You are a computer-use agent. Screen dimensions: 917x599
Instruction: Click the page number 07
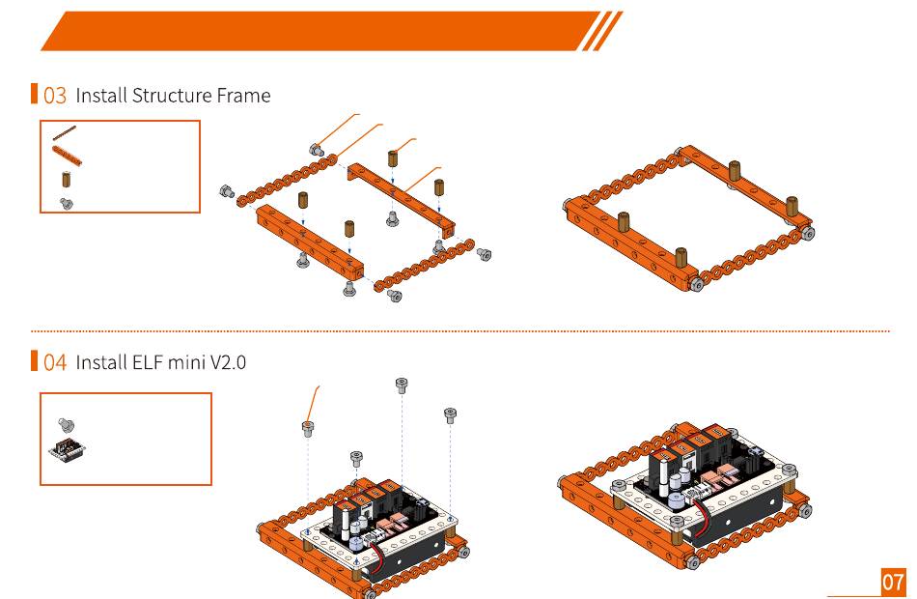[893, 582]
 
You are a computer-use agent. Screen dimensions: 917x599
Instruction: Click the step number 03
[55, 96]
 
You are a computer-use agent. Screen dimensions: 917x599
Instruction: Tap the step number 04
[55, 362]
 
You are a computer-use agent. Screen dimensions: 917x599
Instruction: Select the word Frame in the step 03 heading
[245, 96]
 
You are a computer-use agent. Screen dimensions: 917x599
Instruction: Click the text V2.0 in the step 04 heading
[226, 362]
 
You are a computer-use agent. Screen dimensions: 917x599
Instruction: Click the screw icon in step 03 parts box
[67, 203]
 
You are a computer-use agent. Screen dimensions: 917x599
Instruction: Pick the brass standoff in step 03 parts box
[66, 180]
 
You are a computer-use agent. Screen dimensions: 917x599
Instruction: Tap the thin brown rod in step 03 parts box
[66, 133]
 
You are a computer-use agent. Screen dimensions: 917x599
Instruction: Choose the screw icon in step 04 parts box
[67, 423]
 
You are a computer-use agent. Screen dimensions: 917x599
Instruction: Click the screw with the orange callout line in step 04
[308, 429]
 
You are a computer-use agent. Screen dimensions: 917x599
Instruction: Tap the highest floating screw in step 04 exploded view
[402, 386]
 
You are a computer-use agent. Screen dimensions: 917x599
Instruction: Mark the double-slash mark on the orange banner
[600, 31]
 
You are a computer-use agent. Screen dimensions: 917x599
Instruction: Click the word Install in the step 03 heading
[100, 96]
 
